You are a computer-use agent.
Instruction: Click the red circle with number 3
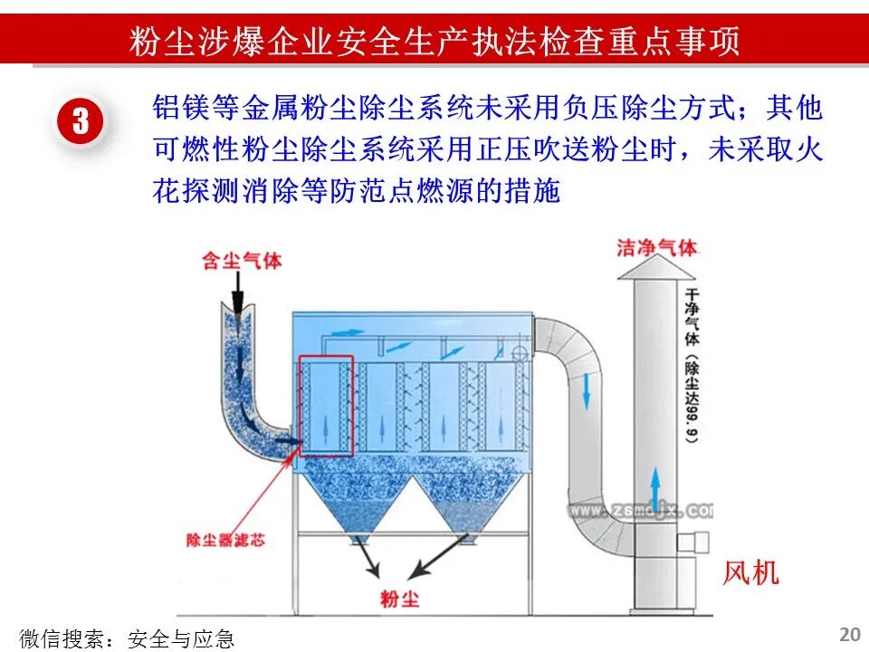click(81, 121)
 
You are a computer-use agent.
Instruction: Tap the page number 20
click(850, 633)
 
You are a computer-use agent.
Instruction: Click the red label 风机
click(750, 572)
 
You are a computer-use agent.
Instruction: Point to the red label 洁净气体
click(657, 247)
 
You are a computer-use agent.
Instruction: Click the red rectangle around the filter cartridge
click(326, 405)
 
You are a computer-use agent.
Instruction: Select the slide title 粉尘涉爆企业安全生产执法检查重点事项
click(434, 41)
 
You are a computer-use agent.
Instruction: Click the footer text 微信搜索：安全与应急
click(127, 638)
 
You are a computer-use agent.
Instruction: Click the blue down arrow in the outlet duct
click(586, 388)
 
